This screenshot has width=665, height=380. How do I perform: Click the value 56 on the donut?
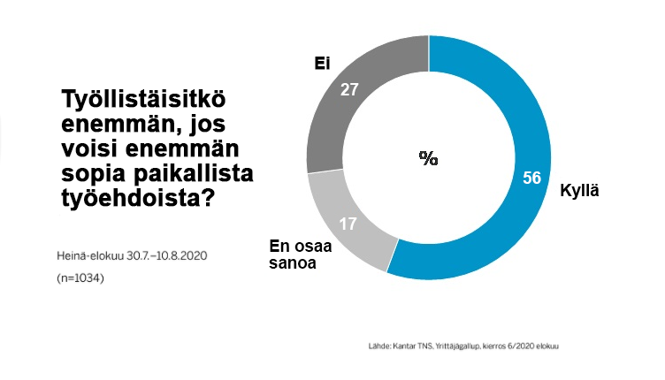[x=531, y=179]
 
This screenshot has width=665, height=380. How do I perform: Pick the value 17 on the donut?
[x=348, y=224]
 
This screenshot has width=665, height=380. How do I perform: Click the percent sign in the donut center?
[x=429, y=159]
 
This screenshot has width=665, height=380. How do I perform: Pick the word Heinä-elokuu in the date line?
[x=88, y=256]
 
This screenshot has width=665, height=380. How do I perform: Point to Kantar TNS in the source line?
[x=403, y=345]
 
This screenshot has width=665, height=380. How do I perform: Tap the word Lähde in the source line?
[x=370, y=345]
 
